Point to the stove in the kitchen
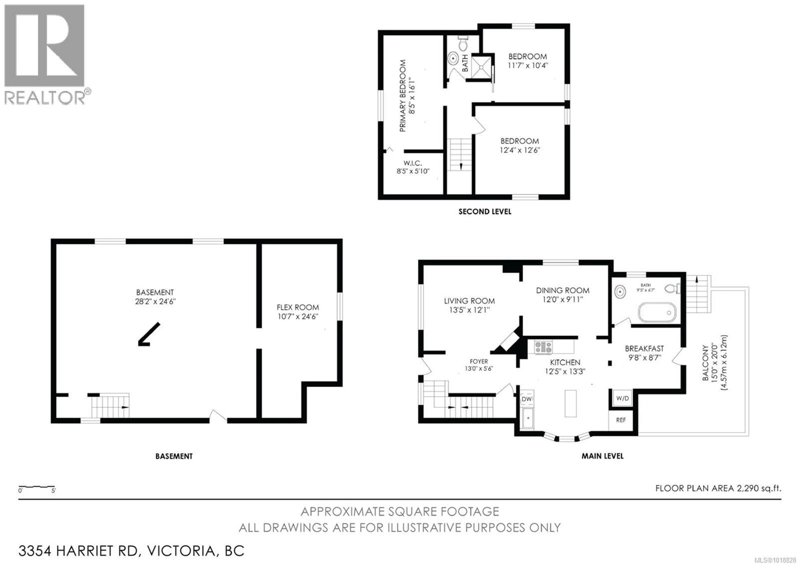pos(543,347)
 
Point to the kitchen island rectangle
pos(570,403)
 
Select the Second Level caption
pos(485,211)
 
